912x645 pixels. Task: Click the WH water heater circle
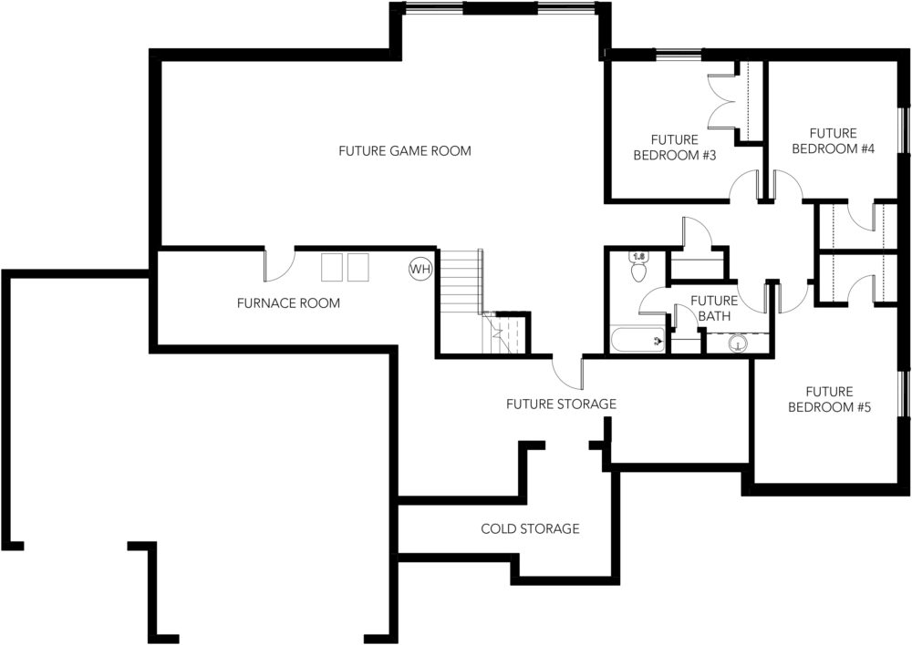tap(420, 269)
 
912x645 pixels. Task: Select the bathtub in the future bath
tap(637, 340)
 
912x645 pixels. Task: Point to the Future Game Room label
tap(405, 151)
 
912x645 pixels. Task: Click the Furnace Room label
tap(288, 302)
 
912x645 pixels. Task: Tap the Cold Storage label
tap(530, 528)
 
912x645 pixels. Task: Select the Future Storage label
tap(561, 404)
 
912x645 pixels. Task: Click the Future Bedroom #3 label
tap(675, 148)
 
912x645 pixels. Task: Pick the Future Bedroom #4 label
tap(834, 141)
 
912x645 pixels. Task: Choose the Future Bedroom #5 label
tap(829, 399)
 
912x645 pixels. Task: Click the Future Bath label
tap(714, 309)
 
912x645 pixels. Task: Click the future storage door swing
tap(567, 373)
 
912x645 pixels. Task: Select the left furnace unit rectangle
tap(332, 267)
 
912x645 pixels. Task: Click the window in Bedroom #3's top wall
tap(679, 56)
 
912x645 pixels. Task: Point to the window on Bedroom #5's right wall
tap(904, 394)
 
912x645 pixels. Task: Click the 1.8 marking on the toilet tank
tap(638, 256)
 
